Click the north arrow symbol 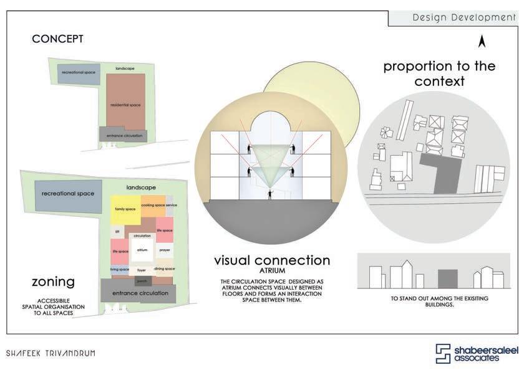(482, 42)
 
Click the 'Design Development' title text (464, 17)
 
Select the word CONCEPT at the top (57, 39)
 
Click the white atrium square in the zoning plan (142, 250)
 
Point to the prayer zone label (165, 250)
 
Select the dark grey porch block (141, 281)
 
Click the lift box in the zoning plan (116, 230)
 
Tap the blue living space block (119, 269)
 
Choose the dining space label (164, 268)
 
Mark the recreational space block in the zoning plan (68, 194)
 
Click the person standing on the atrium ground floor (269, 195)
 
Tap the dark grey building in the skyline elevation (447, 278)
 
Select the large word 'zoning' (53, 282)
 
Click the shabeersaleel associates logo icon (443, 353)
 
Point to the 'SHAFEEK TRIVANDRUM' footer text (51, 353)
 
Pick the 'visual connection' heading (272, 260)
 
